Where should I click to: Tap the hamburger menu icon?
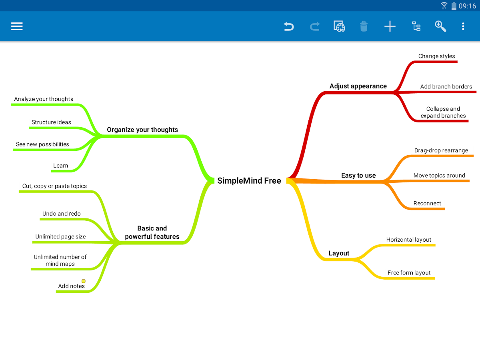(x=17, y=26)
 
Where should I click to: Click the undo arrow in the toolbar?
(x=288, y=26)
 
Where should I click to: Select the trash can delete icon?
(x=364, y=26)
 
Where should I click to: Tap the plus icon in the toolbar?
(x=390, y=26)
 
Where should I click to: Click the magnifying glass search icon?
(x=440, y=26)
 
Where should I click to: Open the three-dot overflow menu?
(x=463, y=26)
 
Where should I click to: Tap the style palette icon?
(x=339, y=26)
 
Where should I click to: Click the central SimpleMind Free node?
(x=249, y=181)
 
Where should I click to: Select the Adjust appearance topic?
(x=358, y=86)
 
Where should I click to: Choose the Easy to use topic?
(x=358, y=176)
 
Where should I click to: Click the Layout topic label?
(x=339, y=253)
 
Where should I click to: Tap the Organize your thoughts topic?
(x=142, y=130)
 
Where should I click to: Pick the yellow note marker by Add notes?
(x=84, y=281)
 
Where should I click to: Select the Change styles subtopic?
(x=436, y=56)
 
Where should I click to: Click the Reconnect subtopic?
(x=427, y=204)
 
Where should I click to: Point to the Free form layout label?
(x=409, y=273)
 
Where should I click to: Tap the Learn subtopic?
(x=61, y=166)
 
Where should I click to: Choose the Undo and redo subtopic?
(x=62, y=214)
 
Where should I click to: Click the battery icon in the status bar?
(x=454, y=6)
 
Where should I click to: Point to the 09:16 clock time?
(x=467, y=6)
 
